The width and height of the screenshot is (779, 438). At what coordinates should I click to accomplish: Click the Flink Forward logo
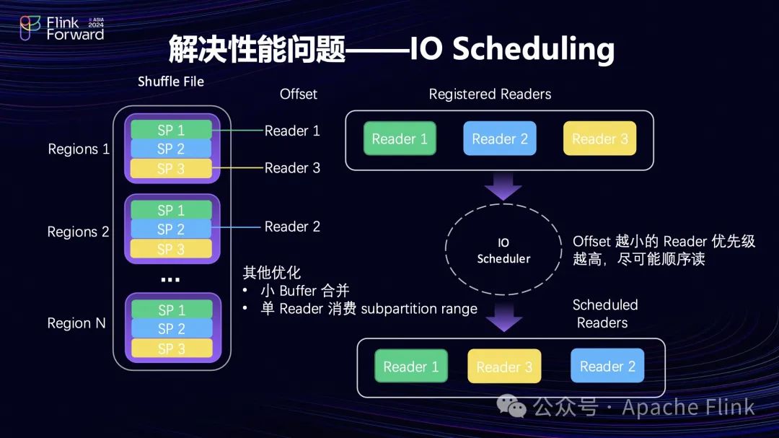tap(61, 28)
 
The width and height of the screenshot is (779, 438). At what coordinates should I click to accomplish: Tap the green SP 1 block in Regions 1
tap(171, 130)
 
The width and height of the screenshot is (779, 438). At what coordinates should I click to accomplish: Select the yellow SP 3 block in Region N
tap(171, 348)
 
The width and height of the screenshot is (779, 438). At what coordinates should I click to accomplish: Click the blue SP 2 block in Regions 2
tap(171, 229)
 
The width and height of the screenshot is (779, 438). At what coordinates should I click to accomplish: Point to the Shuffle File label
tap(171, 82)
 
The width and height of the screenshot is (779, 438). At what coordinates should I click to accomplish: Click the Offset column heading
tap(298, 95)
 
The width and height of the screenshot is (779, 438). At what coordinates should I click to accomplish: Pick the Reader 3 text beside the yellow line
tap(292, 168)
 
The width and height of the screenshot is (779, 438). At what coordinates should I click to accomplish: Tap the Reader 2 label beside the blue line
tap(292, 227)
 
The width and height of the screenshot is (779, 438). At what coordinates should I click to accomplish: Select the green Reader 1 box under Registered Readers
tap(400, 139)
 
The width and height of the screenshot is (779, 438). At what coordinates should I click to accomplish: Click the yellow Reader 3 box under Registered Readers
tap(599, 139)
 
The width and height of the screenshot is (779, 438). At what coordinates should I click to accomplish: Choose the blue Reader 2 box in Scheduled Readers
tap(607, 367)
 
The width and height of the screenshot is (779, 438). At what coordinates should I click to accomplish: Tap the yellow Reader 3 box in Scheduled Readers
tap(504, 367)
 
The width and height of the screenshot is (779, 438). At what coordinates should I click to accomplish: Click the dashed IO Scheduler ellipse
tap(503, 250)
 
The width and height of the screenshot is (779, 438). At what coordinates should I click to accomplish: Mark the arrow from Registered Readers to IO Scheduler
tap(503, 186)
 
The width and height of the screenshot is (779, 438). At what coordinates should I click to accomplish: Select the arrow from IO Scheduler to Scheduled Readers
tap(504, 317)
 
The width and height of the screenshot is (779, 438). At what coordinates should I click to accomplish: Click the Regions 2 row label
tap(78, 232)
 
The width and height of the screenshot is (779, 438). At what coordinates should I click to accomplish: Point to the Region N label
tap(76, 323)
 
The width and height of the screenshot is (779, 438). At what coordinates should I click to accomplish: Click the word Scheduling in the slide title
tap(534, 49)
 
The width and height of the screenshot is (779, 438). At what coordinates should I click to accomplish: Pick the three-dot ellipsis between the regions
tap(170, 279)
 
